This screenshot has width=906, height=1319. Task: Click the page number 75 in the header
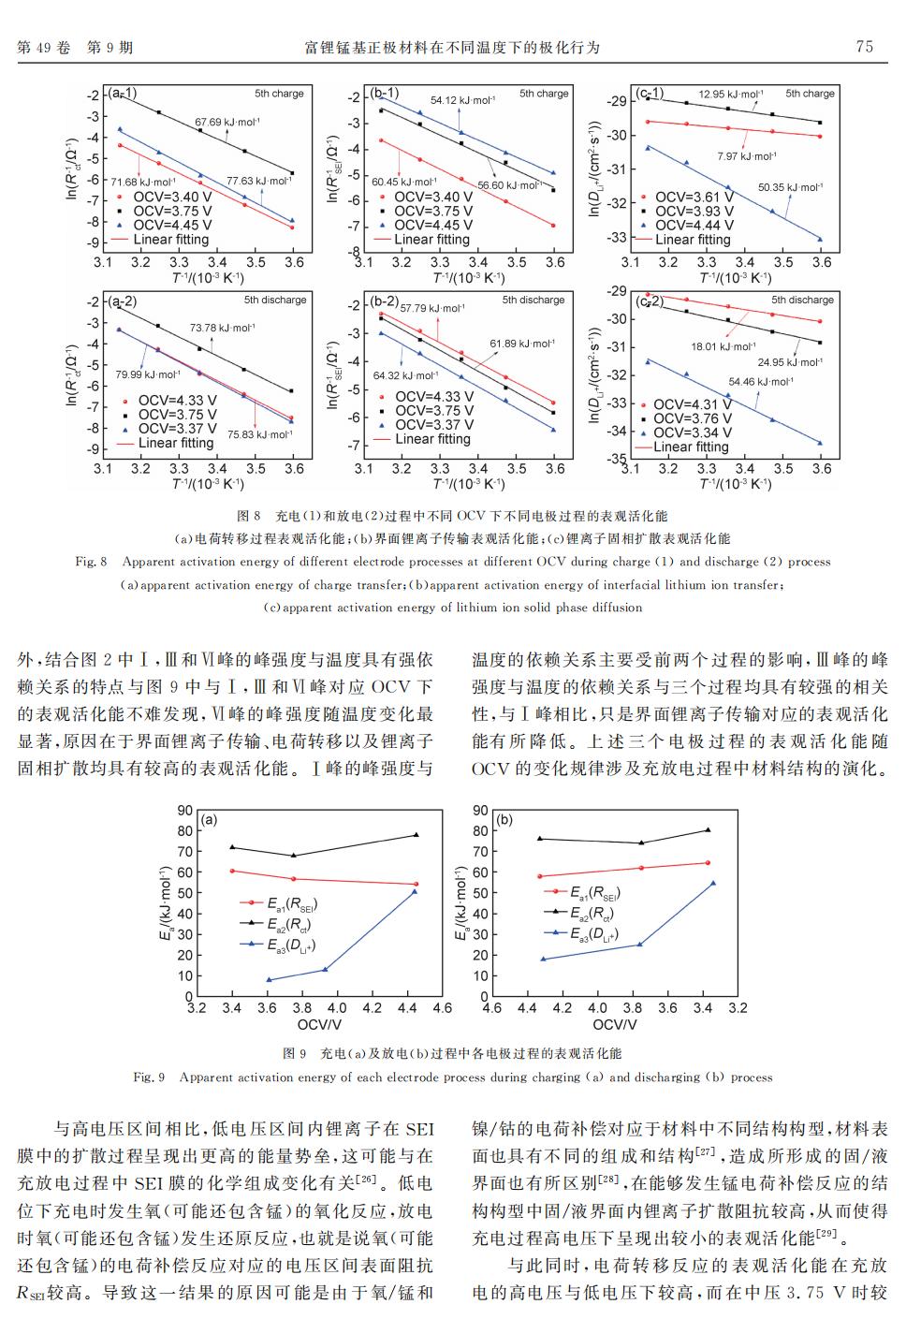pos(864,47)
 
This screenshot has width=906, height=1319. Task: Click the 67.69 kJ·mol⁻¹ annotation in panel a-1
pos(227,122)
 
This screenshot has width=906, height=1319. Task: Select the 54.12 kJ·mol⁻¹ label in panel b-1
pos(462,100)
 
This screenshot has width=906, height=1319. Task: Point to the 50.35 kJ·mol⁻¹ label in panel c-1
pos(791,187)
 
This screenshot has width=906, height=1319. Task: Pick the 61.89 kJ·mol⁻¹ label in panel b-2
pos(522,344)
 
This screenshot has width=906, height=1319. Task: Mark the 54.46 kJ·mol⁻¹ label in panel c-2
pos(760,381)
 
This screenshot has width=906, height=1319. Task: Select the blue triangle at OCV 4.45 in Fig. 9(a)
pos(416,891)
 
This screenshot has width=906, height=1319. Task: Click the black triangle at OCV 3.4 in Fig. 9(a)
pos(231,847)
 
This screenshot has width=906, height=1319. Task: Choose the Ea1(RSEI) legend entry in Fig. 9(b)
pos(594,892)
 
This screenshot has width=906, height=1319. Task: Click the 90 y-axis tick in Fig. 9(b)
pos(480,811)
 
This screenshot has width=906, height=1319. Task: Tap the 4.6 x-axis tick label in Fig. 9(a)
pos(442,1008)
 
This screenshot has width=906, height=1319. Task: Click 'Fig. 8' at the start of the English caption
pos(91,562)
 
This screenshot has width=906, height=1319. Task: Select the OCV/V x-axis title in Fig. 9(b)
pos(615,1025)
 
